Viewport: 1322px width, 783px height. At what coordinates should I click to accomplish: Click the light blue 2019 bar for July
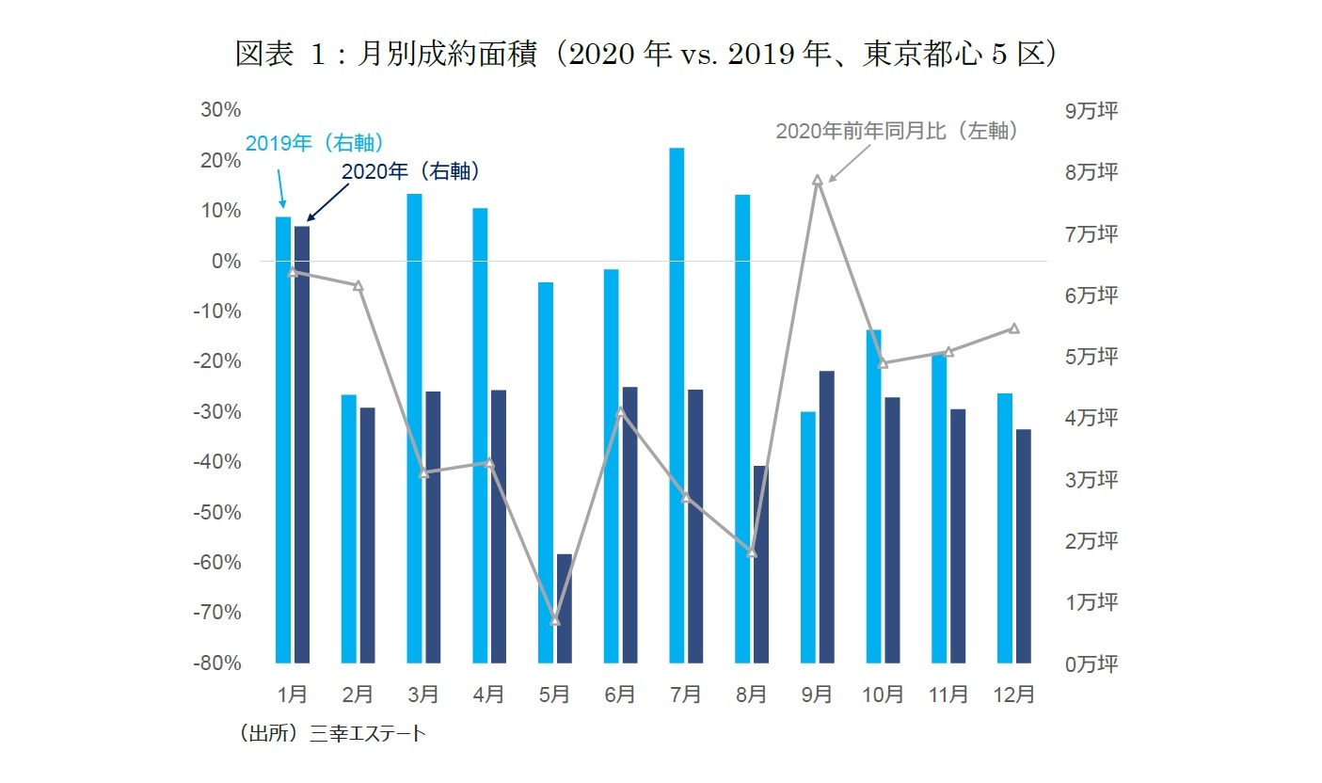[677, 405]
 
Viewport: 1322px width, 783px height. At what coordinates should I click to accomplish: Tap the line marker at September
[818, 179]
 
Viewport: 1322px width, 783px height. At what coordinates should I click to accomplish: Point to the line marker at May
[555, 621]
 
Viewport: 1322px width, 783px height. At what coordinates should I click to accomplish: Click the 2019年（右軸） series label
[314, 144]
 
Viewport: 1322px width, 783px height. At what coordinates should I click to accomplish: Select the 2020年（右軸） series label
[411, 171]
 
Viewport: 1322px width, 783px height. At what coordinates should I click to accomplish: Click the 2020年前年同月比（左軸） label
[897, 132]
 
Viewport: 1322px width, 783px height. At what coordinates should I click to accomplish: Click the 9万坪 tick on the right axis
[1091, 111]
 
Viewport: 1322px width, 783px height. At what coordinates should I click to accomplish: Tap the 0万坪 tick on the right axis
[1091, 663]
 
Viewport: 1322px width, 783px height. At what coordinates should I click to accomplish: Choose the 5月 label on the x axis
[555, 695]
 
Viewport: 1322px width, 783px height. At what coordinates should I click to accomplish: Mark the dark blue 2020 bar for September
[826, 517]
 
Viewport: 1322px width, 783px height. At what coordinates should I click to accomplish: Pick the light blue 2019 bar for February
[349, 528]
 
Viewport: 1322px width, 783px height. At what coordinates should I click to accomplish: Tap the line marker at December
[1014, 328]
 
